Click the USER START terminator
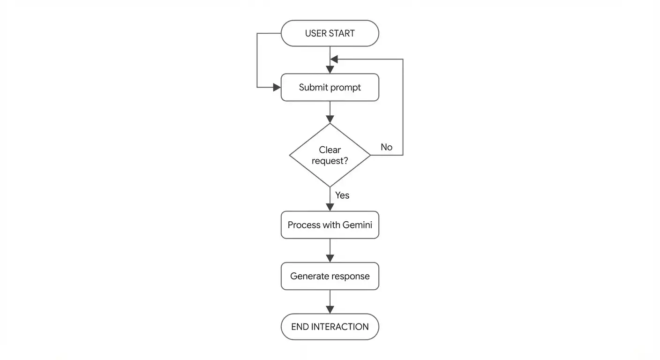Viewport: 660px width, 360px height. [330, 33]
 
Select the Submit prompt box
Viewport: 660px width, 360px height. [330, 87]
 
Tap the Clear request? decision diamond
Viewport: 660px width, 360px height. [330, 155]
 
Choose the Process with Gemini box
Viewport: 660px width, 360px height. [330, 225]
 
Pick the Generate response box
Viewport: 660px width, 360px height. [330, 276]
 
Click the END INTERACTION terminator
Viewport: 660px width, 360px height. [330, 327]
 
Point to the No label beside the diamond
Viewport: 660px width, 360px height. [386, 147]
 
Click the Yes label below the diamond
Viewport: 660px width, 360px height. [342, 195]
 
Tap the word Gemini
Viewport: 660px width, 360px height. [357, 225]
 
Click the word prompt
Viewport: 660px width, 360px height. [346, 88]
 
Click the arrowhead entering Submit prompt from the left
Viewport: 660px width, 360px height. [277, 87]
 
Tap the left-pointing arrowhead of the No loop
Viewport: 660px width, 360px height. [334, 59]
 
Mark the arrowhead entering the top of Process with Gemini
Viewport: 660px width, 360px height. [330, 207]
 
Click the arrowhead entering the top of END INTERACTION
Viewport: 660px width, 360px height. [330, 310]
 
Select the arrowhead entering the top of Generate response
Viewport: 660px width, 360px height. [330, 258]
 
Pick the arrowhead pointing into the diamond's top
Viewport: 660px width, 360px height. [330, 119]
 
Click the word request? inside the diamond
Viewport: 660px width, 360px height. [330, 161]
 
